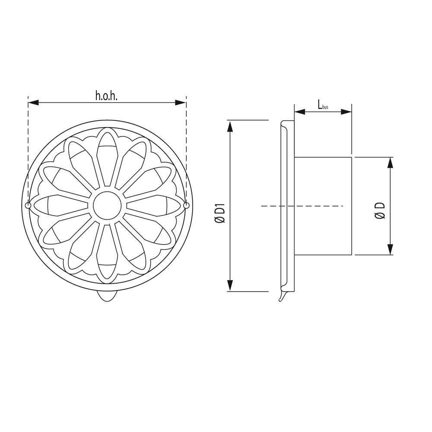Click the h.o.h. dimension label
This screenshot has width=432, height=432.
[x=106, y=95]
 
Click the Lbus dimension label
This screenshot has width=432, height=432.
[x=323, y=105]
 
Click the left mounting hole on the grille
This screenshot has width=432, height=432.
[x=29, y=206]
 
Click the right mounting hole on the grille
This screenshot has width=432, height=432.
[x=186, y=206]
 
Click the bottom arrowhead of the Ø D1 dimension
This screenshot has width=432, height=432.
[x=231, y=286]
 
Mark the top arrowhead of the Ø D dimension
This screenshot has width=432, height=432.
[x=390, y=162]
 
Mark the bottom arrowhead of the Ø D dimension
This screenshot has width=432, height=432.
[x=390, y=249]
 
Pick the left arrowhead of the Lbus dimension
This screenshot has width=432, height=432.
[x=299, y=111]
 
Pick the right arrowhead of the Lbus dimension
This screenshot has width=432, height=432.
[x=346, y=111]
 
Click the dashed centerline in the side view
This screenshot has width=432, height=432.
[x=302, y=206]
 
